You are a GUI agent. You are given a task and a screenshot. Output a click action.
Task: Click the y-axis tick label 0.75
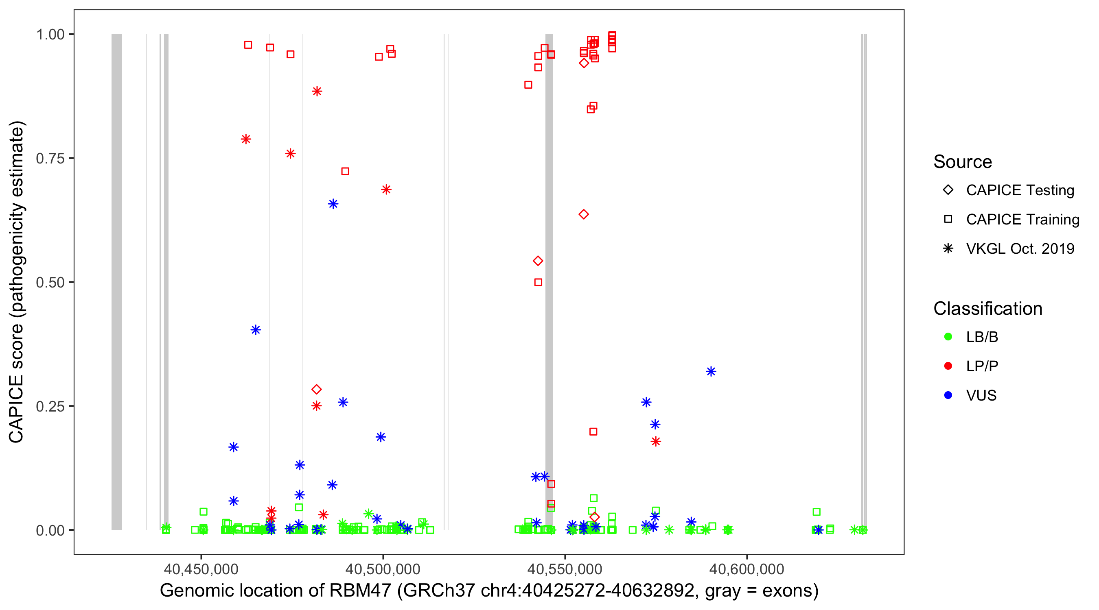click(50, 158)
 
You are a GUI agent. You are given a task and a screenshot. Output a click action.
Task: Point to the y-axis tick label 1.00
click(50, 34)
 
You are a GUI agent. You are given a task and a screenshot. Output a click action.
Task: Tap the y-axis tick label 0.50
click(50, 282)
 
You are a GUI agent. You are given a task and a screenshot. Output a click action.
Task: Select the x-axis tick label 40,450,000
click(201, 569)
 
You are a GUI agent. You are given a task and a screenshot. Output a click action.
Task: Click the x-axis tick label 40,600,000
click(747, 569)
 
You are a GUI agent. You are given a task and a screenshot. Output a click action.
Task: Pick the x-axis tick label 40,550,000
click(565, 569)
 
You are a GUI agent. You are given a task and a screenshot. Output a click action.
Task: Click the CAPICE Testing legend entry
click(1020, 190)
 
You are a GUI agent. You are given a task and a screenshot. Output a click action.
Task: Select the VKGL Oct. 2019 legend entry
click(1020, 248)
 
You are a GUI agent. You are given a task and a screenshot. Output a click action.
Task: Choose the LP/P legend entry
click(982, 366)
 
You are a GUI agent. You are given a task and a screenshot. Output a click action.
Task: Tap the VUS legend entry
click(981, 396)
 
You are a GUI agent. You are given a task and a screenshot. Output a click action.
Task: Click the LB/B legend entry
click(982, 337)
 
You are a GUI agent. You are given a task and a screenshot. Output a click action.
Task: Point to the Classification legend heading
click(987, 308)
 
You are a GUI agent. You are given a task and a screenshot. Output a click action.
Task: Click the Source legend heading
click(963, 161)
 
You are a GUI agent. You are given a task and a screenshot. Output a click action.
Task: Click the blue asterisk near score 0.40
click(256, 329)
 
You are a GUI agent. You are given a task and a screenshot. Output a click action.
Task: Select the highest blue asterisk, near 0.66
click(333, 204)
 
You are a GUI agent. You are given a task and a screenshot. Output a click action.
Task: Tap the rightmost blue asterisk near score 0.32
click(711, 371)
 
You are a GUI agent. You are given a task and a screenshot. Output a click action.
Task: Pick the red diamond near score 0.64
click(584, 214)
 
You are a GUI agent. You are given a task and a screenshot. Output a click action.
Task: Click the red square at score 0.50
click(539, 282)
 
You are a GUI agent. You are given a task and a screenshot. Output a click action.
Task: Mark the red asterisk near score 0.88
click(317, 91)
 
